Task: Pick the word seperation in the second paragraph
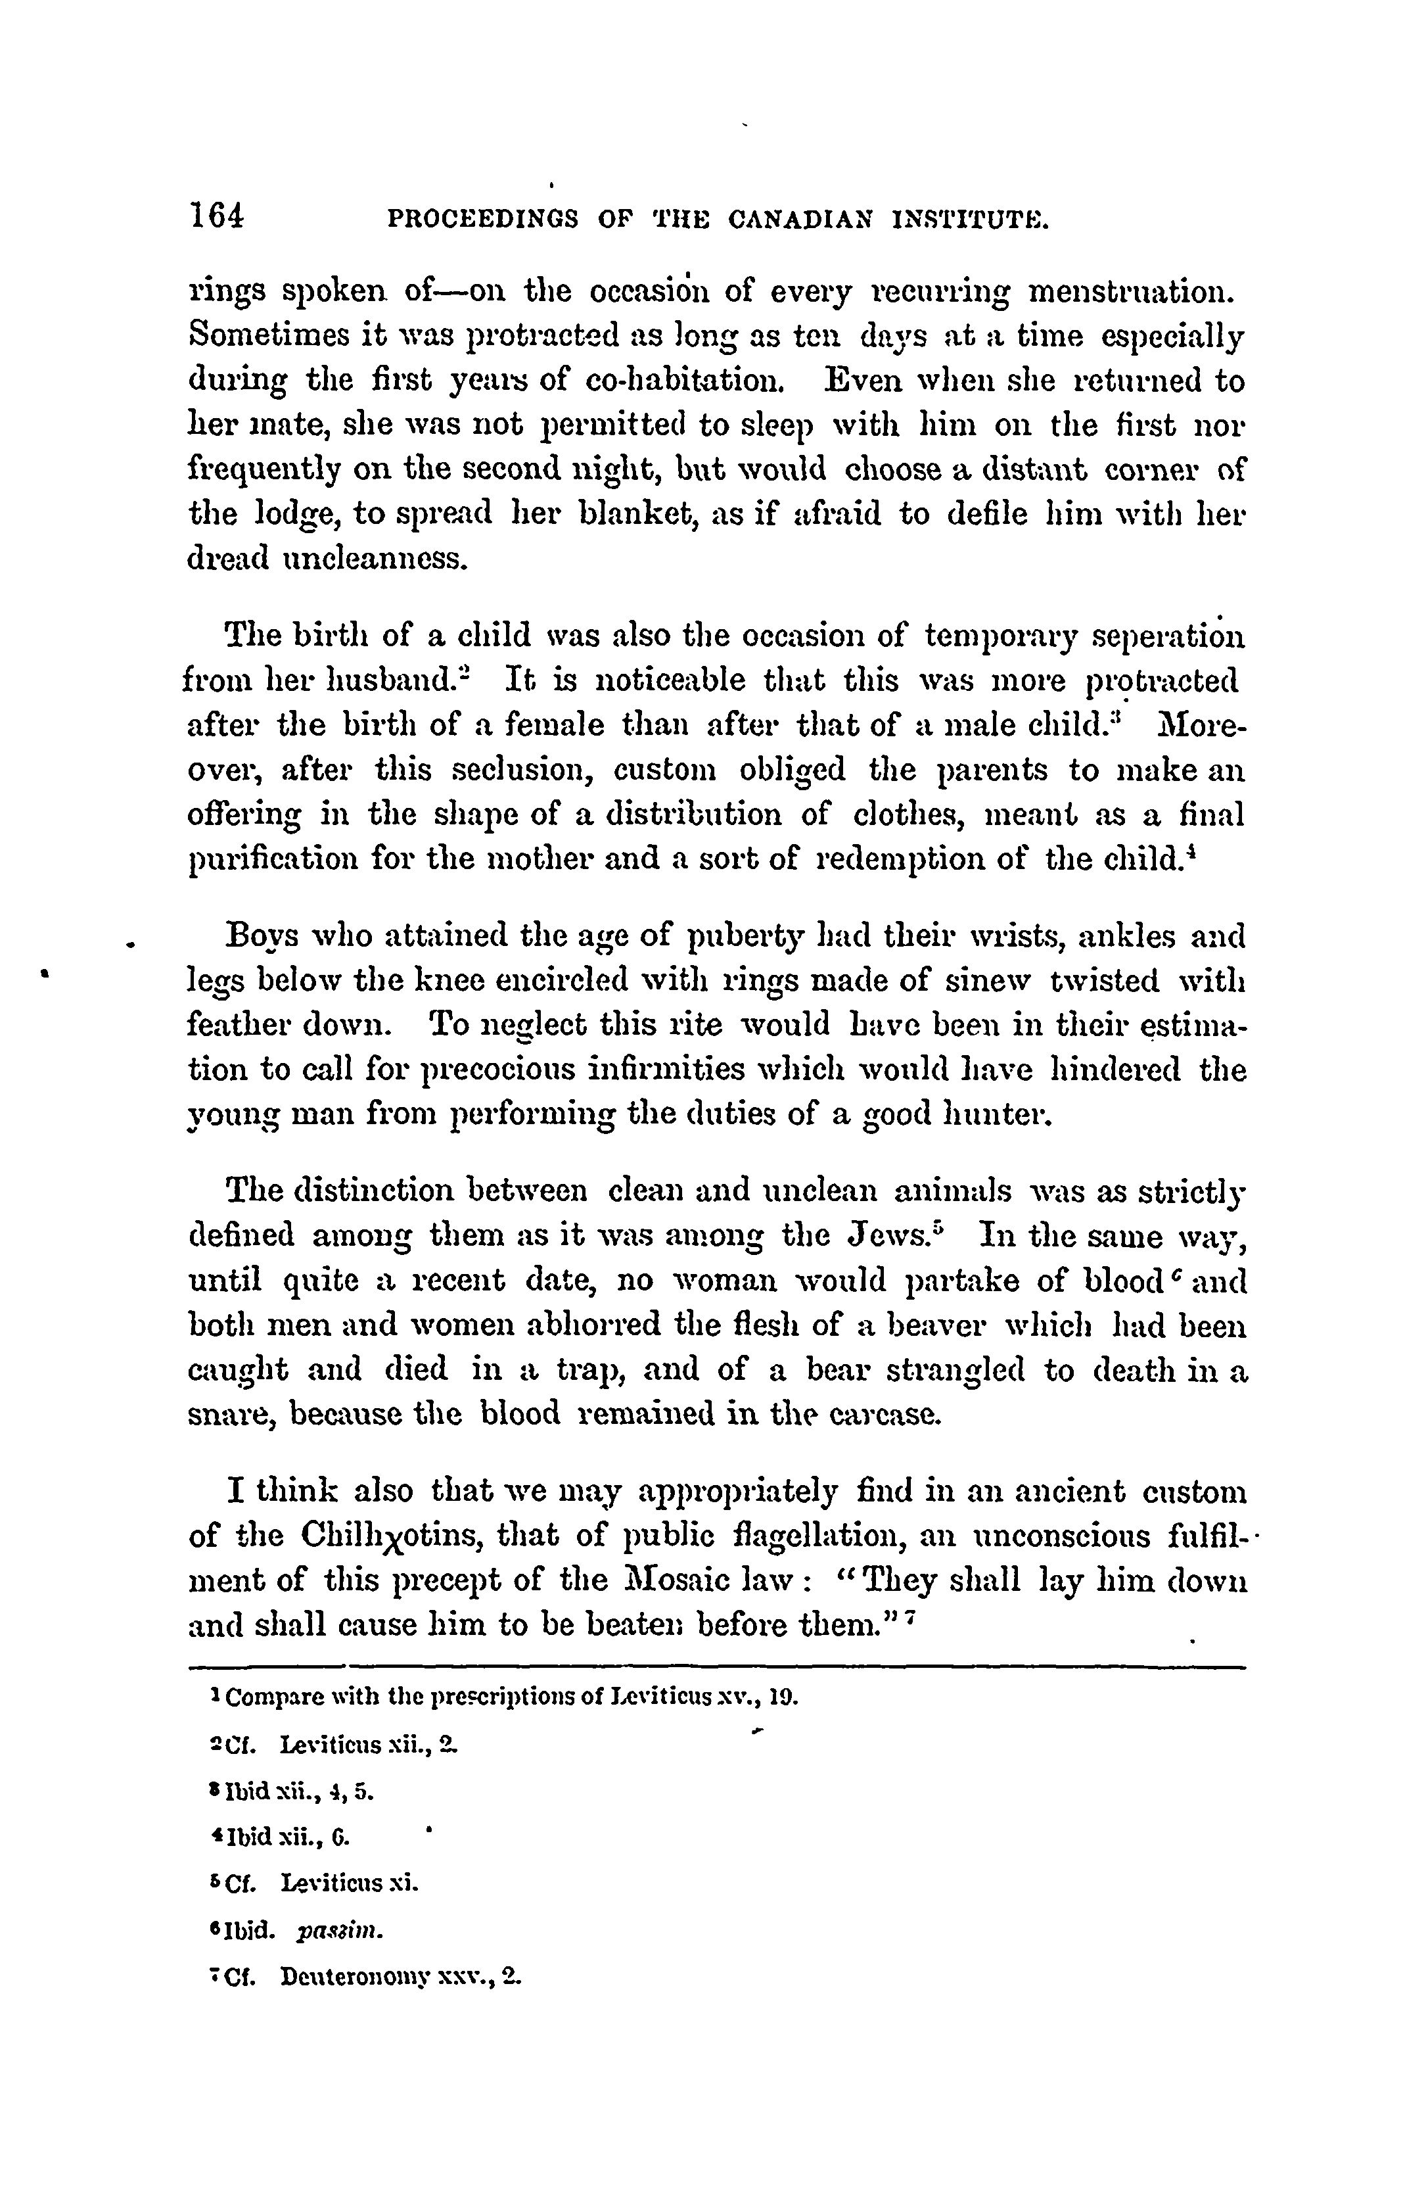[x=1167, y=636]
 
